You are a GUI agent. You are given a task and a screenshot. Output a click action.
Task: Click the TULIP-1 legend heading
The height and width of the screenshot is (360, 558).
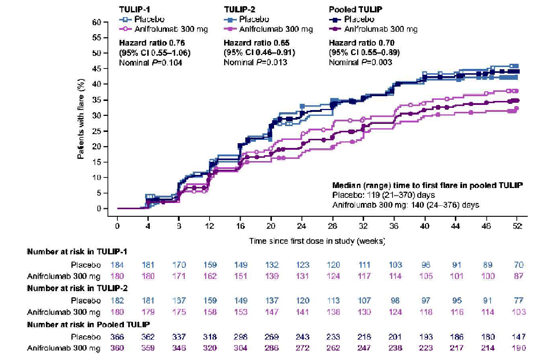(x=134, y=9)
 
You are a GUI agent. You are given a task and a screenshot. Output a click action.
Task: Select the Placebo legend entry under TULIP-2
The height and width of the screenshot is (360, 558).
(x=254, y=19)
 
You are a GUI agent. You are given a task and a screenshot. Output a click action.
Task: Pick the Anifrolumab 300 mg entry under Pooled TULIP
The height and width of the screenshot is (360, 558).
(x=381, y=29)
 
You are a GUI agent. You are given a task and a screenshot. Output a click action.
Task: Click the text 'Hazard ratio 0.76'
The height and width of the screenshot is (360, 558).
(x=152, y=43)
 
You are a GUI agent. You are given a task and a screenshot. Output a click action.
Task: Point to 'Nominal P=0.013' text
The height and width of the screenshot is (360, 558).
(x=255, y=62)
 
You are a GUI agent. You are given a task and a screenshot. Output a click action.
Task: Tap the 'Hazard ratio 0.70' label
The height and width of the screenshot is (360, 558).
(x=362, y=43)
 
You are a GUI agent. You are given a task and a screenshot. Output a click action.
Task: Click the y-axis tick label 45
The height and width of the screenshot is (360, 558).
(x=97, y=69)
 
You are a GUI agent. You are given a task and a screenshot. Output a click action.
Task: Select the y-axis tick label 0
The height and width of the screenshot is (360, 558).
(x=99, y=208)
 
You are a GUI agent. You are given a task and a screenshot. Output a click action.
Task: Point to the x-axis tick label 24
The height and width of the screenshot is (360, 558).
(x=301, y=226)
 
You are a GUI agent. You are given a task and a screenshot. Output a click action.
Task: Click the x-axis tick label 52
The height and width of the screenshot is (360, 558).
(x=517, y=226)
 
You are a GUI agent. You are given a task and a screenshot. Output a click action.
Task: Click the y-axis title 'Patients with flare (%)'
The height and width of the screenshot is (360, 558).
(x=81, y=119)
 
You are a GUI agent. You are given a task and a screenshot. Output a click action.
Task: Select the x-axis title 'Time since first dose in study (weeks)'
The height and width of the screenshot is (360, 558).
(x=317, y=241)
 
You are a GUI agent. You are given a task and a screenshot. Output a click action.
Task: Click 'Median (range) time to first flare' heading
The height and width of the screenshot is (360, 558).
(x=427, y=185)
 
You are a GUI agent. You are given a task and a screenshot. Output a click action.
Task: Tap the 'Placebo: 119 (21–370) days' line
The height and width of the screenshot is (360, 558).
(x=383, y=195)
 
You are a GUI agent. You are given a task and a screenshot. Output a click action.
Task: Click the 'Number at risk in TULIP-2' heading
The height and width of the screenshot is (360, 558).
(x=77, y=288)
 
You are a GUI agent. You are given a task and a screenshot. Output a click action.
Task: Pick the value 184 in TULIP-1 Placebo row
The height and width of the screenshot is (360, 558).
(x=117, y=265)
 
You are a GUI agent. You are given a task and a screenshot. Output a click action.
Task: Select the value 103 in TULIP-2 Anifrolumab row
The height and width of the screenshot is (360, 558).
(x=518, y=312)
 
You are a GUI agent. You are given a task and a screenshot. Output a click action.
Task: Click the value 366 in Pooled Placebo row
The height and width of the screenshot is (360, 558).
(x=117, y=337)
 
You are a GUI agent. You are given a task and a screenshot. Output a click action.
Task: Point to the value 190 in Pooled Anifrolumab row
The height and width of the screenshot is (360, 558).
(x=518, y=348)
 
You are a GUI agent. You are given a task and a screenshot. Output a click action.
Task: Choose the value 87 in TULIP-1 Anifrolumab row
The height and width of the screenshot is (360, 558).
(x=518, y=276)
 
